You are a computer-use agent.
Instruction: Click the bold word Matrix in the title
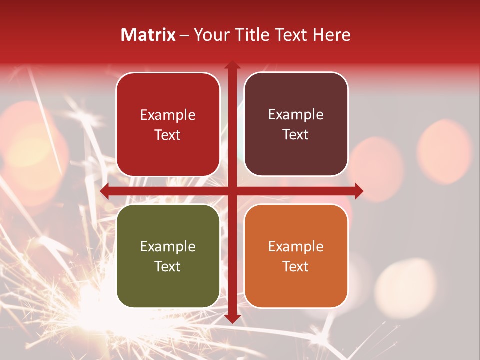148,35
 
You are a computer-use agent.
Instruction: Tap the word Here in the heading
331,35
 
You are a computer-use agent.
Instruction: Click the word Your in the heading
210,35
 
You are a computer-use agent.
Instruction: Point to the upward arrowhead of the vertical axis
232,66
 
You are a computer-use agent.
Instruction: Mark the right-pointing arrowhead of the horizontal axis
358,191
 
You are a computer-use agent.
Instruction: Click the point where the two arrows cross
232,191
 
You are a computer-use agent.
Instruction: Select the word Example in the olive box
168,246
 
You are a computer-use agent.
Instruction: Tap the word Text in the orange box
296,266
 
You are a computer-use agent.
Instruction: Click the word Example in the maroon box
296,115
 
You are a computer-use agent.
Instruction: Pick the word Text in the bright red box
168,135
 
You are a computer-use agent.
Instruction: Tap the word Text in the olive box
168,266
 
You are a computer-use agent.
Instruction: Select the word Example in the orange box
296,246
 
